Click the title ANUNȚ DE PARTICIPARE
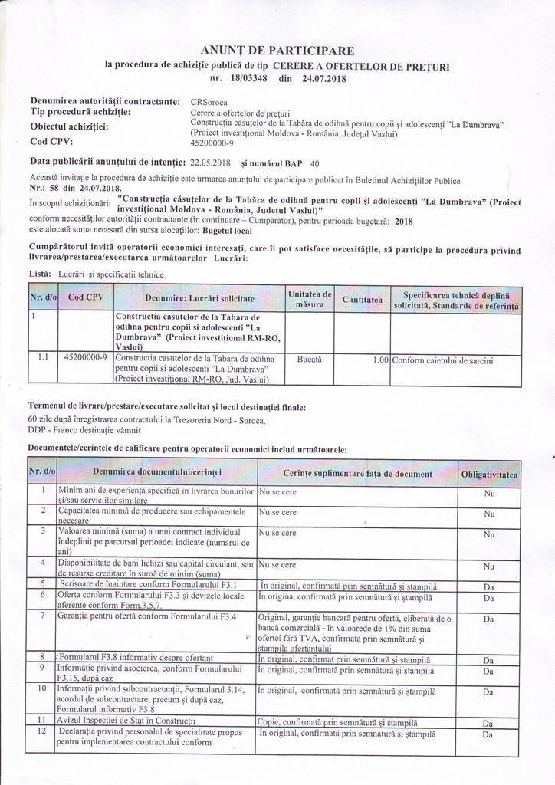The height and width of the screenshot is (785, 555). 277,51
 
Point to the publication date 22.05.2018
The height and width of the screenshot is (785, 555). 210,163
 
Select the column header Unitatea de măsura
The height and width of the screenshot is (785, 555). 310,299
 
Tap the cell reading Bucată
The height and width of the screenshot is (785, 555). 310,358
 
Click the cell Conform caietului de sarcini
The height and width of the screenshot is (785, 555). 442,358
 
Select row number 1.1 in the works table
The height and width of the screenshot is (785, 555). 44,357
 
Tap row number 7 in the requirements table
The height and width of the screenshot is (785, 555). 43,616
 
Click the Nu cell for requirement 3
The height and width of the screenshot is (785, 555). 488,534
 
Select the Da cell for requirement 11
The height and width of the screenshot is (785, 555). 488,722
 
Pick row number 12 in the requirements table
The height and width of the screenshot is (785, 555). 43,732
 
